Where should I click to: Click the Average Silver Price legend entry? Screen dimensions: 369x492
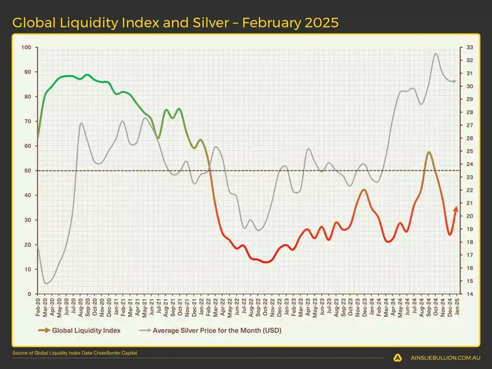tap(217, 331)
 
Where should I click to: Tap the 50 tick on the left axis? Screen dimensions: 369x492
tap(28, 171)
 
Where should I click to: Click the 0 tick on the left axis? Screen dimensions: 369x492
tap(29, 294)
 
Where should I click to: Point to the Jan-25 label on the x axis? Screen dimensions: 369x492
tap(458, 305)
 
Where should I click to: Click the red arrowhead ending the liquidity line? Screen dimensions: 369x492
tap(456, 209)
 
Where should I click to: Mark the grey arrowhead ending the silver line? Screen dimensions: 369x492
tap(455, 81)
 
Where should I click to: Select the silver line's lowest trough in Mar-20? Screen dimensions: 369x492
tap(46, 283)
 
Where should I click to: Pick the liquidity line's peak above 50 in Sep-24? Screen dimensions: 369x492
tap(429, 152)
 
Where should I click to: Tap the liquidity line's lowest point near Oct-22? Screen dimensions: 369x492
tap(266, 262)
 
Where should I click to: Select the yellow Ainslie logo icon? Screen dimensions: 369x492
tap(398, 358)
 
